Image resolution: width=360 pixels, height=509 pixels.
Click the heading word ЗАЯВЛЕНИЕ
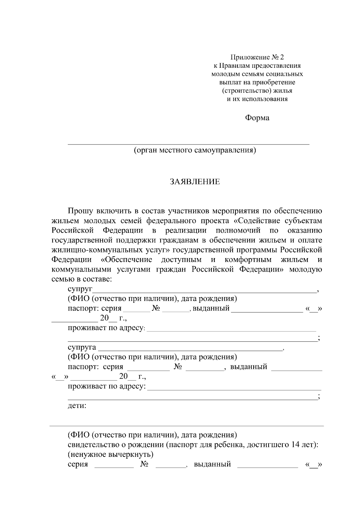tap(195, 182)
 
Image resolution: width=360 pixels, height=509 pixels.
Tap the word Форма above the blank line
tap(257, 118)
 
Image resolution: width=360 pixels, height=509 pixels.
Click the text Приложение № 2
tap(257, 57)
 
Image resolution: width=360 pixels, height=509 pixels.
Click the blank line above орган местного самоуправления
tap(188, 144)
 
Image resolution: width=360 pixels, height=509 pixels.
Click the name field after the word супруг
tap(204, 290)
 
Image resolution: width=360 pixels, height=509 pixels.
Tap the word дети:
tap(77, 406)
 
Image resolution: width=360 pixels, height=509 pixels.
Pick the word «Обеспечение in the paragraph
tap(124, 259)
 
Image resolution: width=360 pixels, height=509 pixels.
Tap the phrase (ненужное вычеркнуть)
tap(111, 454)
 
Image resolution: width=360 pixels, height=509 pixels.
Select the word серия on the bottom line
tap(78, 464)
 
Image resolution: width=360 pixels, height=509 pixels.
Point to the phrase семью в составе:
tap(82, 279)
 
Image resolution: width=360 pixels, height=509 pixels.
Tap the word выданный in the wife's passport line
tap(248, 367)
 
